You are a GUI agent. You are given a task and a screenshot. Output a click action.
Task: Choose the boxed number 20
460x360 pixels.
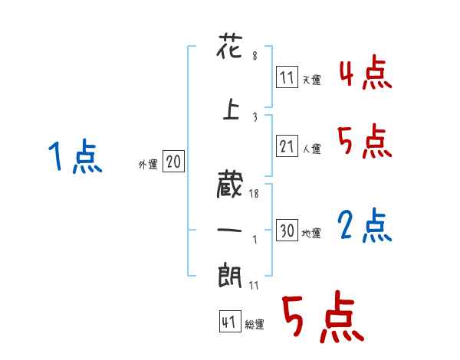point(173,162)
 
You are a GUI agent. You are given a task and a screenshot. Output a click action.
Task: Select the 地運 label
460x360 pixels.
point(312,233)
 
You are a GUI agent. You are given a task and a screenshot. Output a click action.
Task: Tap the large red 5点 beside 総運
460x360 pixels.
point(322,319)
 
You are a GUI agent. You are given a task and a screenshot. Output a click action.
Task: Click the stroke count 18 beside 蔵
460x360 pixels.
point(254,195)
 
